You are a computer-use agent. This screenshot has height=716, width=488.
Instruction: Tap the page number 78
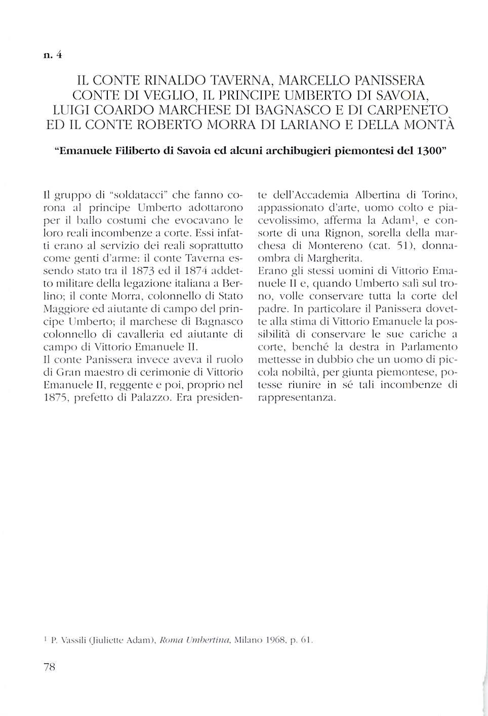click(x=49, y=667)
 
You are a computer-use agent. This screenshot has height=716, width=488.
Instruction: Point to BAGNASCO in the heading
click(x=295, y=110)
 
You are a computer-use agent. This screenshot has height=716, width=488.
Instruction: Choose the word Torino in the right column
click(x=439, y=195)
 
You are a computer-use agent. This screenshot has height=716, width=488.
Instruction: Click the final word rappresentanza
click(x=297, y=397)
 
